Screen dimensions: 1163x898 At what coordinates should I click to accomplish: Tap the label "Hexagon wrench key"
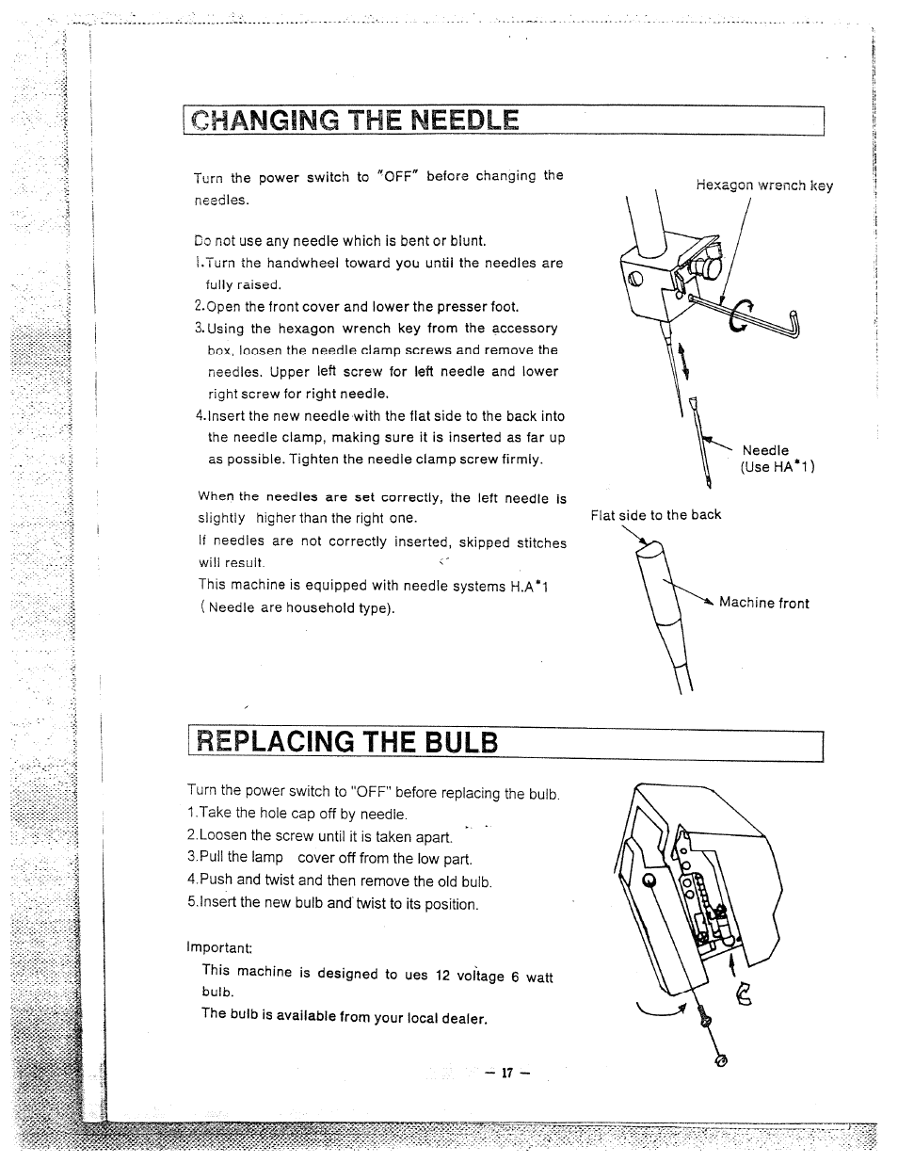[x=764, y=186]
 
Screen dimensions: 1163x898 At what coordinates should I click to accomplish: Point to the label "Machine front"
[x=763, y=604]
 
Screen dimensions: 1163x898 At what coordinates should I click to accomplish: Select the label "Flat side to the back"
[x=655, y=514]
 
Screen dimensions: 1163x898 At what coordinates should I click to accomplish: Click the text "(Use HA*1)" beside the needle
[x=777, y=467]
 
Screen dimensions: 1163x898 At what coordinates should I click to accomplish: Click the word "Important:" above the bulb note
[x=220, y=947]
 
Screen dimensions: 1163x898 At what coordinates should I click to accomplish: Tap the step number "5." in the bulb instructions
[x=193, y=903]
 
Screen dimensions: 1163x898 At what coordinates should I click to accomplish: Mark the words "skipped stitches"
[x=517, y=543]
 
